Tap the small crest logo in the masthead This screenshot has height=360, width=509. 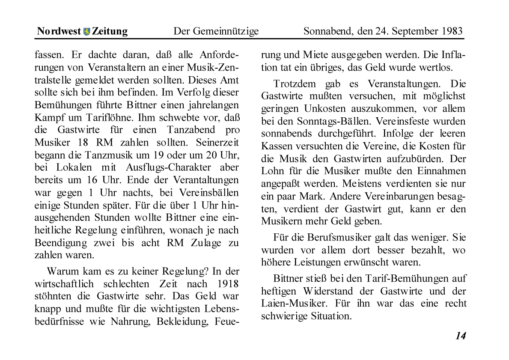(86, 31)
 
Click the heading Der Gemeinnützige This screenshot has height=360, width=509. (216, 31)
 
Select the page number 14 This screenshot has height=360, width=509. (460, 336)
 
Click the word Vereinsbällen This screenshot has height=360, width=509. (210, 193)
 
